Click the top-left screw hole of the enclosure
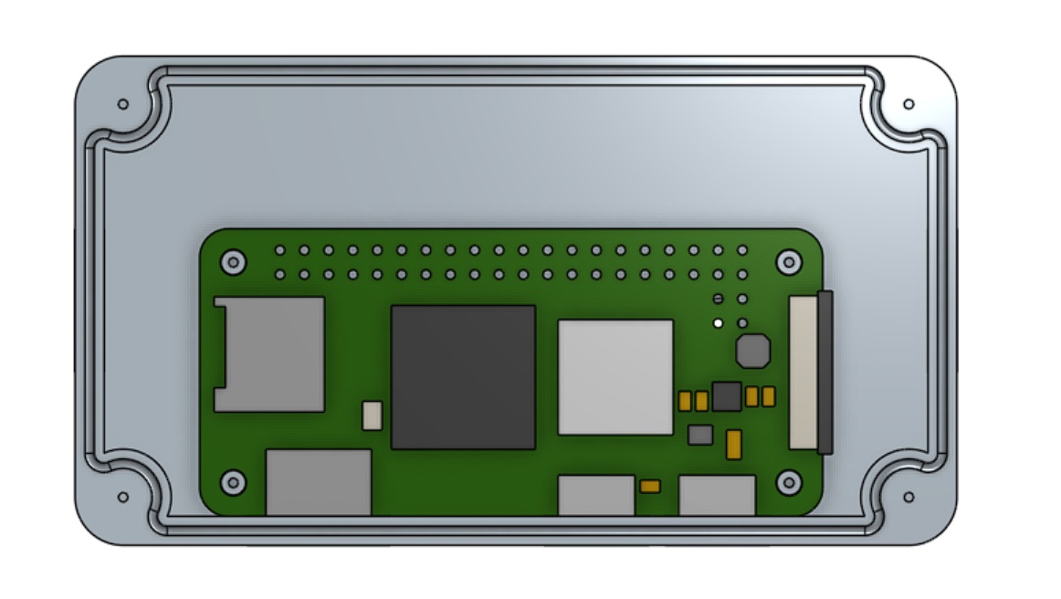click(x=123, y=104)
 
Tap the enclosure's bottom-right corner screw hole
click(x=908, y=497)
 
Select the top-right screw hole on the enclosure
click(x=908, y=104)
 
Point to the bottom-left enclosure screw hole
click(x=123, y=497)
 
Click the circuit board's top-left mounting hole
click(x=234, y=263)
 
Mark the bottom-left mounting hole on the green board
click(x=234, y=481)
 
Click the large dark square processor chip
click(x=463, y=377)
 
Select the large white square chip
click(x=615, y=376)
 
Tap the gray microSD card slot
click(x=269, y=353)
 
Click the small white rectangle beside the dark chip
click(x=373, y=415)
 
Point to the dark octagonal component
click(x=752, y=350)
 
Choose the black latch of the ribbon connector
click(x=825, y=373)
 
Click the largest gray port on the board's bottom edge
click(x=319, y=481)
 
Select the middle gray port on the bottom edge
click(x=596, y=494)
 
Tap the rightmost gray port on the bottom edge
click(x=717, y=494)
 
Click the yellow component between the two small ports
click(x=650, y=486)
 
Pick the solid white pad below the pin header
click(x=719, y=322)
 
